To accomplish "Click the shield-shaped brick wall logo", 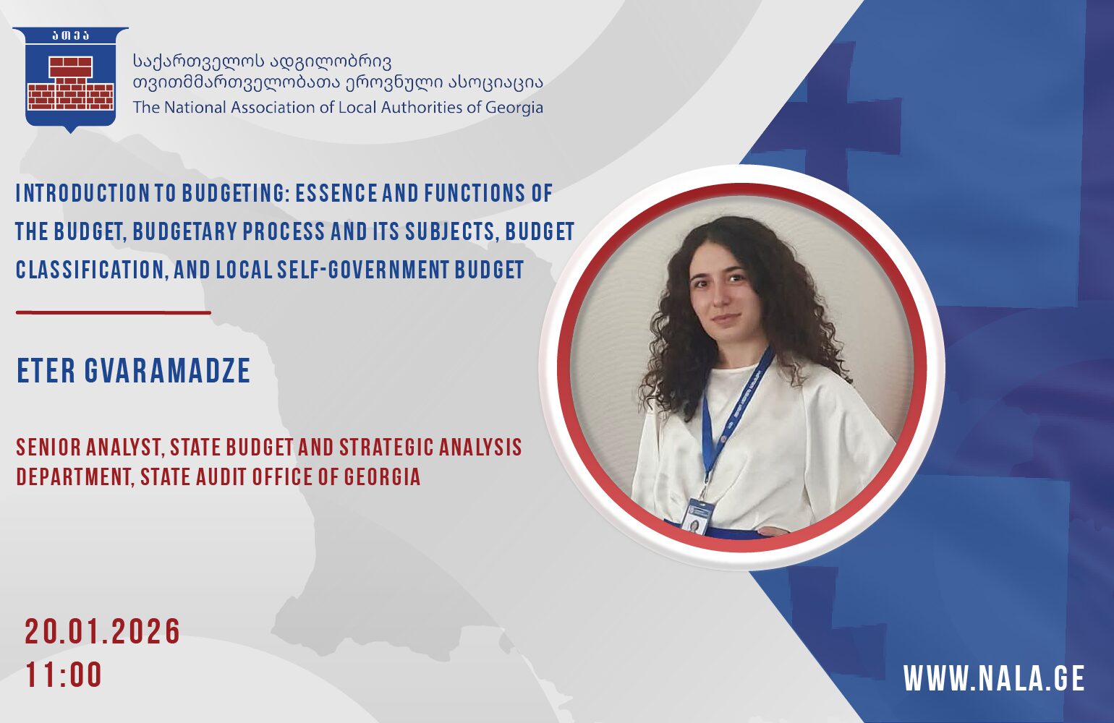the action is [71, 80].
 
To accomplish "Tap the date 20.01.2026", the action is [103, 632].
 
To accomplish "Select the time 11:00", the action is [64, 675].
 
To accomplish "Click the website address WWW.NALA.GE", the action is [994, 677].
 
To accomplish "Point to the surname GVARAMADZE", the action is [167, 370].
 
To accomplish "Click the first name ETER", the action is [46, 370].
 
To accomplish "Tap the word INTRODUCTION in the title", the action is [82, 193].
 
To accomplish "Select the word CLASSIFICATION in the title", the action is [90, 270].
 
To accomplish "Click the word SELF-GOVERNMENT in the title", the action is [362, 270].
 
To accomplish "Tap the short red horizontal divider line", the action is [114, 312].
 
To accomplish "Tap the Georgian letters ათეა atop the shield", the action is [71, 35].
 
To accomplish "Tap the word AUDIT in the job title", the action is [221, 476].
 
